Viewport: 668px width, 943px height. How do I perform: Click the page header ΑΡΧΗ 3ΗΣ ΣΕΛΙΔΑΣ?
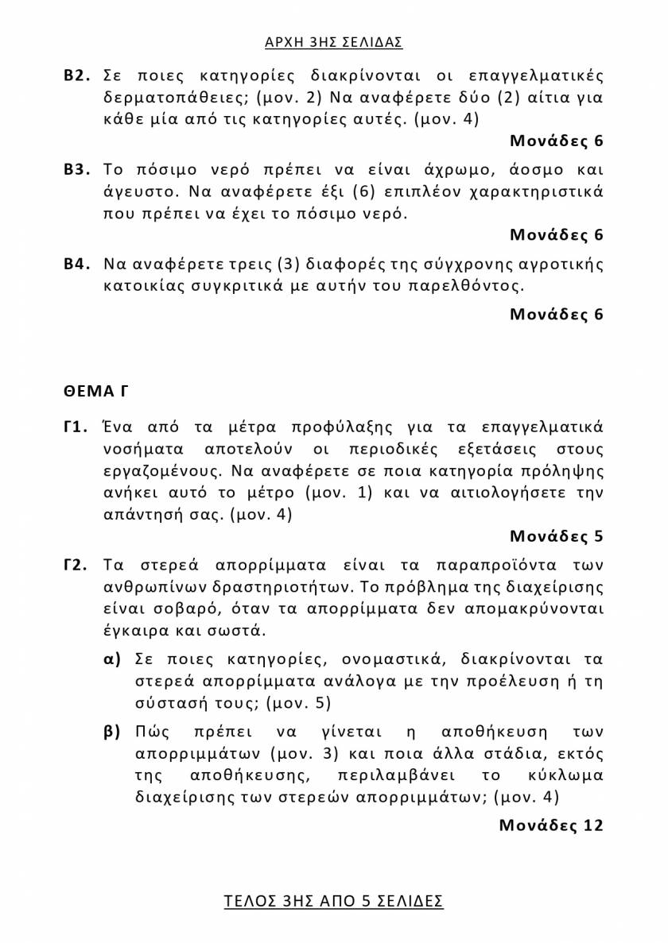click(x=333, y=42)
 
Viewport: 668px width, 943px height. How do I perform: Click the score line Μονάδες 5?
click(x=556, y=536)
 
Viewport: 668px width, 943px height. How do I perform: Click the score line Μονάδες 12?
click(x=550, y=825)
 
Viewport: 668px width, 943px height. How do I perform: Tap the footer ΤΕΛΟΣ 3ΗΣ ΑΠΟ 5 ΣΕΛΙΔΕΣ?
click(x=333, y=901)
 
